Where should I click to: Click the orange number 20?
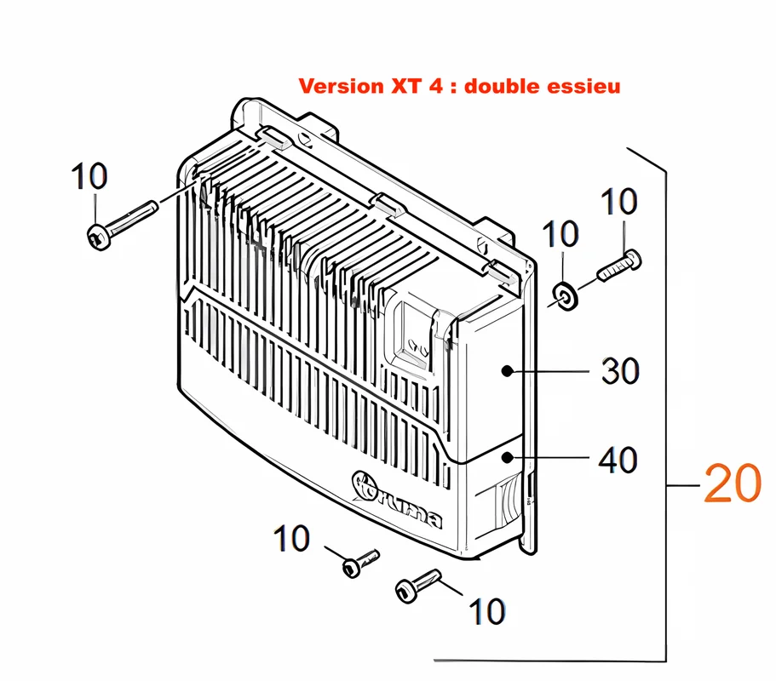click(x=732, y=484)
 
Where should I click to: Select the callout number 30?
click(x=620, y=371)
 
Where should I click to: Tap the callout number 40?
click(x=618, y=460)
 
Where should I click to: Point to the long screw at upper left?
click(x=123, y=225)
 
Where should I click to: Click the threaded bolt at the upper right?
click(x=619, y=266)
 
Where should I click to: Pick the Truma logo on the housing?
click(x=397, y=500)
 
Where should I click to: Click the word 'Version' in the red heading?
click(x=342, y=86)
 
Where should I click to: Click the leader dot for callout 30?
click(x=507, y=370)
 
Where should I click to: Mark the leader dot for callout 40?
click(x=507, y=458)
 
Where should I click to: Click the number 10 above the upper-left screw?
click(x=89, y=176)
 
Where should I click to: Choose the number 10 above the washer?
click(x=560, y=233)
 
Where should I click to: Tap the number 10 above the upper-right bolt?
click(x=618, y=201)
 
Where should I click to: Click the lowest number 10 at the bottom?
click(x=487, y=611)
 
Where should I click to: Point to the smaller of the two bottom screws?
click(x=360, y=564)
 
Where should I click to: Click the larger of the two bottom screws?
click(x=417, y=586)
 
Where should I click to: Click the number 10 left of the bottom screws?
click(x=291, y=539)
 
